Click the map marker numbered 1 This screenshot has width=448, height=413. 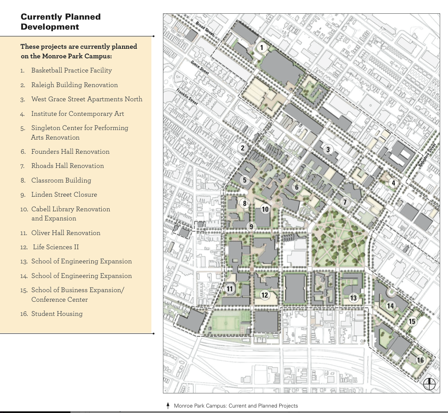(261, 48)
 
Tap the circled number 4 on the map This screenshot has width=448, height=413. (393, 183)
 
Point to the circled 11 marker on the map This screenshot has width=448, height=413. (230, 288)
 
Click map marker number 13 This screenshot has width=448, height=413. (353, 298)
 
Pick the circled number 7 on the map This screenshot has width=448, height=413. (345, 202)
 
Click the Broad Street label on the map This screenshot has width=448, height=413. (205, 28)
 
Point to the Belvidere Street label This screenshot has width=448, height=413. (427, 155)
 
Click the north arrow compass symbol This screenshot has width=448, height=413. (429, 384)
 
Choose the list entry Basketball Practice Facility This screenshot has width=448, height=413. (71, 70)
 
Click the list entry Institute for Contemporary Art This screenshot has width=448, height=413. (78, 114)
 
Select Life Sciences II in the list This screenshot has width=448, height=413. (55, 247)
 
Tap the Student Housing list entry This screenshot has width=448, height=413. (57, 314)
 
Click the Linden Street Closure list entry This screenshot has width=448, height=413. (64, 195)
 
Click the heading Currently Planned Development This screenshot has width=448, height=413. (61, 22)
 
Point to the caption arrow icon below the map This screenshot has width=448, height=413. (168, 405)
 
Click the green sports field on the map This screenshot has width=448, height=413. (228, 323)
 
